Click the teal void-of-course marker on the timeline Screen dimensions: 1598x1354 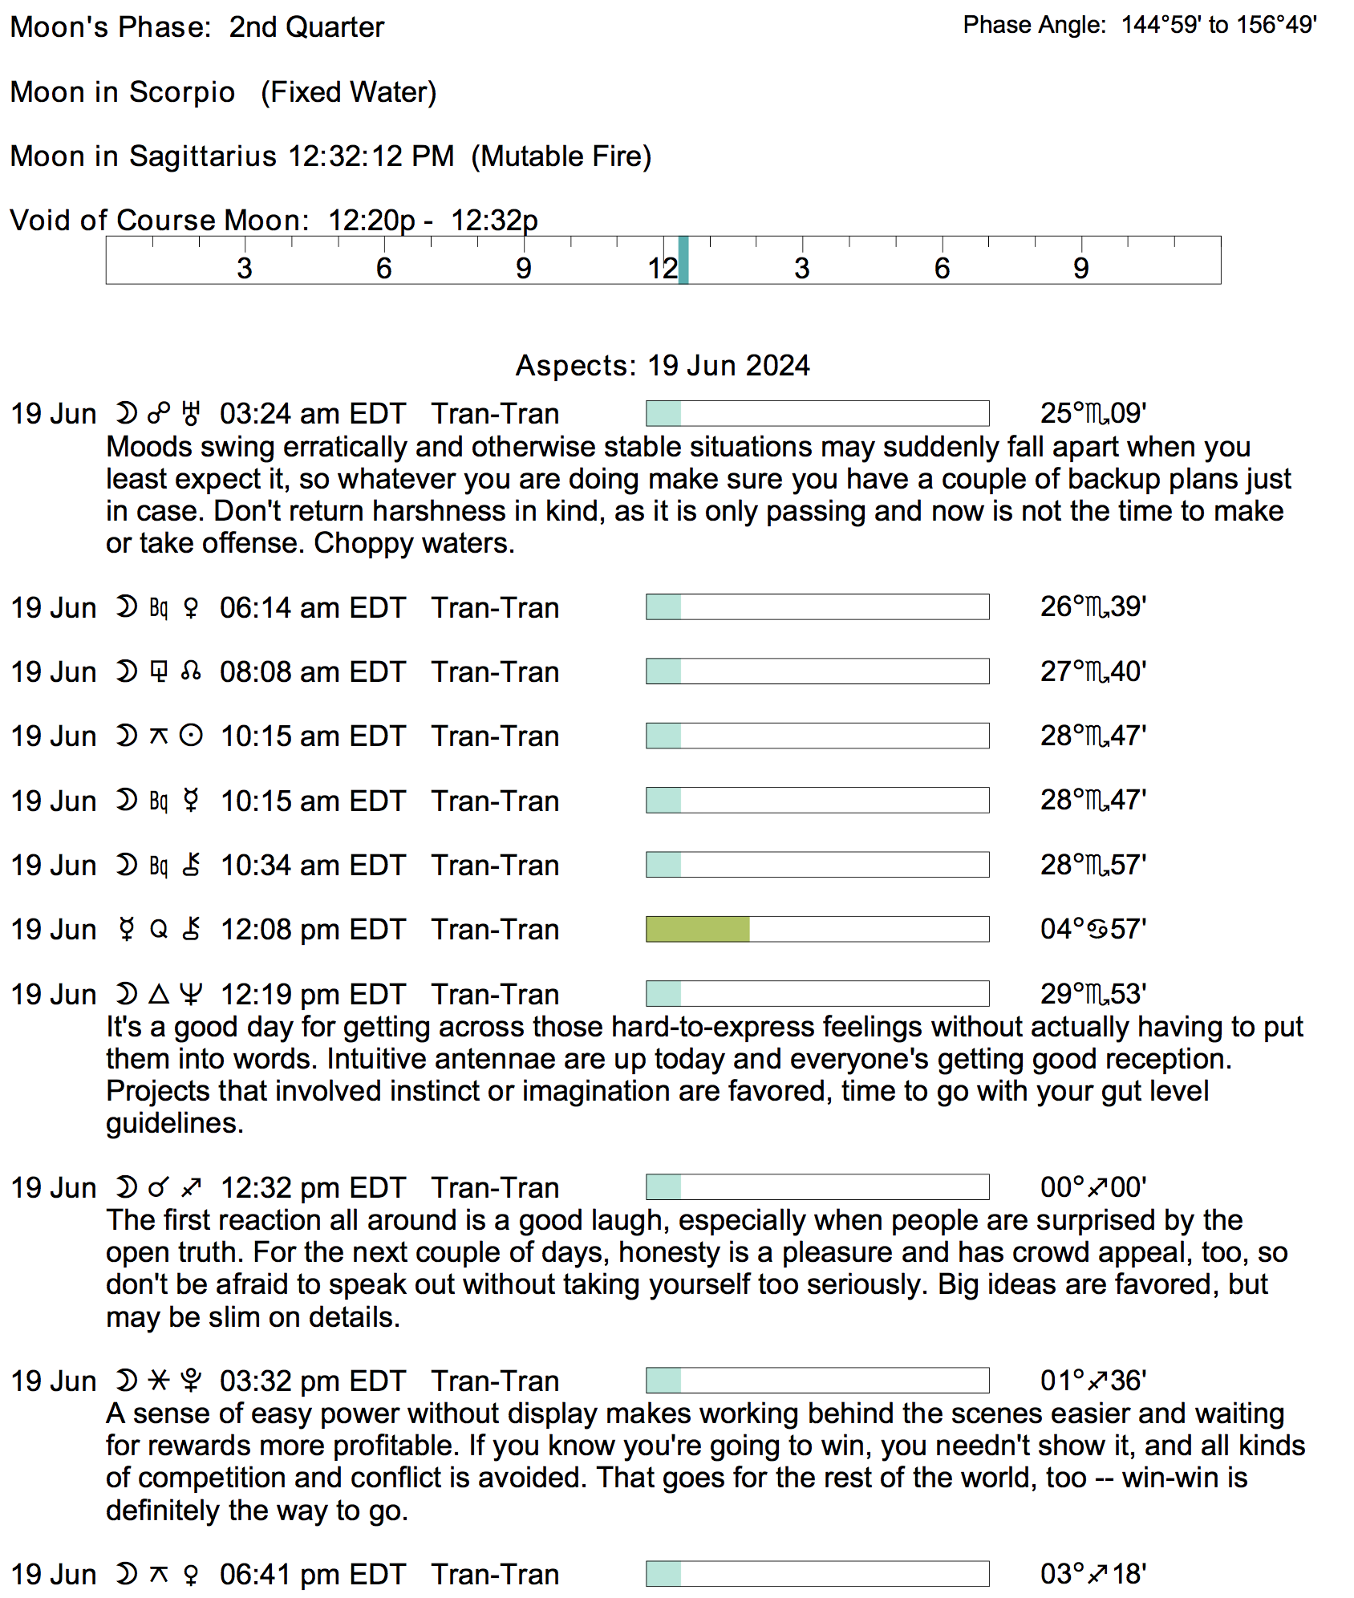click(x=683, y=260)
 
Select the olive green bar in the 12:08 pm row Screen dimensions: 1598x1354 click(x=697, y=929)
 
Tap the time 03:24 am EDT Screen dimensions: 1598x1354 click(x=313, y=414)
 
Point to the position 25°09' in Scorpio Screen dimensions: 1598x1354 click(x=1093, y=414)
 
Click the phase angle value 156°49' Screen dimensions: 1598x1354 click(x=1276, y=25)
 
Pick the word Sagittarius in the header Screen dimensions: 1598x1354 click(x=203, y=156)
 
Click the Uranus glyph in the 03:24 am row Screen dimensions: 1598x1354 click(x=191, y=414)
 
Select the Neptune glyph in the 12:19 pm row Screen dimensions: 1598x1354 click(x=191, y=995)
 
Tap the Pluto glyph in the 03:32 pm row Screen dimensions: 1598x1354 click(x=191, y=1381)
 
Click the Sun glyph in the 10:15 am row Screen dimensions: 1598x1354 click(x=191, y=736)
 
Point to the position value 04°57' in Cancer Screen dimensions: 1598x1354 click(x=1093, y=929)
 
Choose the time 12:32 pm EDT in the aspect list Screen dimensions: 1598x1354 click(x=313, y=1188)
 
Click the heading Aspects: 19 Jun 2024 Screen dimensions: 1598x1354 click(x=663, y=366)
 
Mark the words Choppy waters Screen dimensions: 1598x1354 click(x=414, y=543)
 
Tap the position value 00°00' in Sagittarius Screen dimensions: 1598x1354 click(x=1093, y=1187)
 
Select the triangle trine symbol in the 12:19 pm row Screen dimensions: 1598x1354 click(x=159, y=995)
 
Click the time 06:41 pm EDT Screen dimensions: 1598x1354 click(x=313, y=1575)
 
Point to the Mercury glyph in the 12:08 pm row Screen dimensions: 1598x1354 click(x=127, y=930)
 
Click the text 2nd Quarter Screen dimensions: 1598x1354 click(x=306, y=27)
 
